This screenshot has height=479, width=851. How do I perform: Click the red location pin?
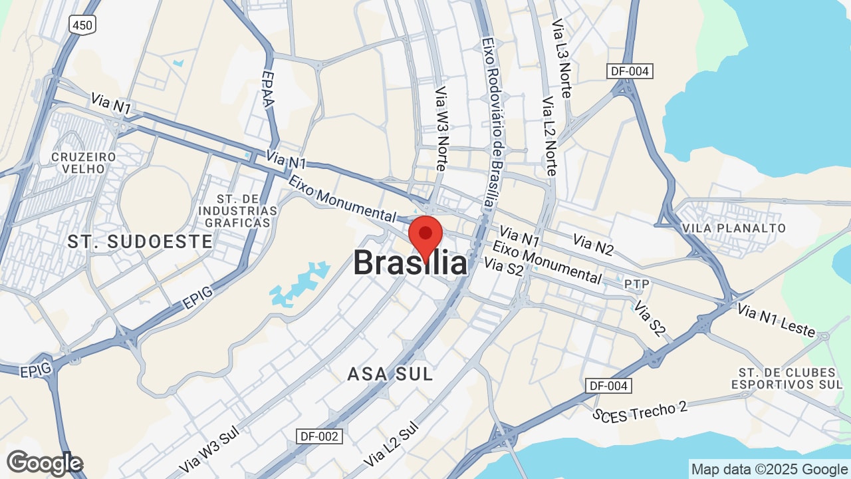click(425, 236)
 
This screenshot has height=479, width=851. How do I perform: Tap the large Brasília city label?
click(410, 262)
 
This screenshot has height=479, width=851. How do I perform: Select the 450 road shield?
click(82, 25)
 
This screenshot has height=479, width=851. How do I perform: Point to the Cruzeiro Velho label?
click(84, 162)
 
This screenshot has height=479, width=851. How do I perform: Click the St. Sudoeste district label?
click(140, 241)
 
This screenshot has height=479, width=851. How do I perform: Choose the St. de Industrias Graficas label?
click(237, 211)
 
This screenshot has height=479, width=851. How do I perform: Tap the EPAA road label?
click(267, 89)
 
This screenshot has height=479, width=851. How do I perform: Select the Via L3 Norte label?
click(561, 59)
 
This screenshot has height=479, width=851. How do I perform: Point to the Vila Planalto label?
click(734, 228)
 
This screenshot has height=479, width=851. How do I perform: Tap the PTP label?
click(636, 284)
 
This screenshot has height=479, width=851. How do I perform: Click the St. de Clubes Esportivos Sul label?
click(787, 378)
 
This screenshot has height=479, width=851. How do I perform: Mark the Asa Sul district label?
click(390, 374)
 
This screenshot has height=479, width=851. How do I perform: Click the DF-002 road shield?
click(320, 436)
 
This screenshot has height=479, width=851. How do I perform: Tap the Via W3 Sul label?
click(209, 450)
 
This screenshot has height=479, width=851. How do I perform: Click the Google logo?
click(45, 463)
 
